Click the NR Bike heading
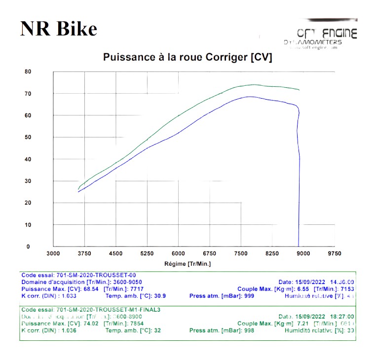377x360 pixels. [x=59, y=29]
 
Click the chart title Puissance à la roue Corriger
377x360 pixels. [x=188, y=57]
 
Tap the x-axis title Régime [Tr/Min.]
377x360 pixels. [x=188, y=264]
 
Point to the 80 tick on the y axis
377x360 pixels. [x=28, y=72]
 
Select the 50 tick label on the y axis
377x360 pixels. [x=28, y=137]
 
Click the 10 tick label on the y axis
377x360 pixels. [x=28, y=225]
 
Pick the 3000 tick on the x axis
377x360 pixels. [x=53, y=253]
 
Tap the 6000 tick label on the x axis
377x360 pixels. [x=178, y=253]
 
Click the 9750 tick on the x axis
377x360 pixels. [x=335, y=253]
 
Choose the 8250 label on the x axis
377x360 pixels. [x=272, y=253]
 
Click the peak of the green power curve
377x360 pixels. [x=254, y=84]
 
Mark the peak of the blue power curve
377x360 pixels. [x=250, y=97]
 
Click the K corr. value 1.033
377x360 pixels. [x=68, y=296]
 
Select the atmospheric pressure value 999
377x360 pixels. [x=249, y=296]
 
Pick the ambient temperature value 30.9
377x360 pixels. [x=160, y=296]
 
